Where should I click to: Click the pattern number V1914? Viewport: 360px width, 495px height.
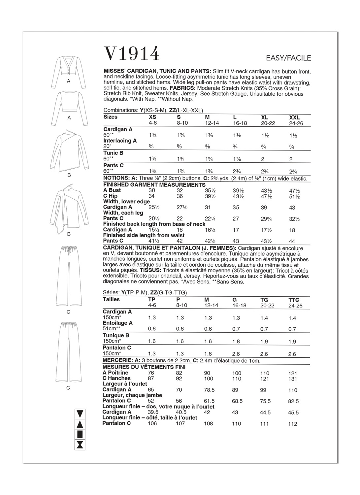(132, 53)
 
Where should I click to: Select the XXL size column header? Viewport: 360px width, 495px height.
(294, 117)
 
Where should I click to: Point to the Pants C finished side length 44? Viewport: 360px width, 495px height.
(291, 241)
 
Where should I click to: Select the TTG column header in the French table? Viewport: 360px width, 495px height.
(294, 300)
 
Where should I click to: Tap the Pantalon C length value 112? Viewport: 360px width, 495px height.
(292, 424)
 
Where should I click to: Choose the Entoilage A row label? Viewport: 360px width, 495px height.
(117, 323)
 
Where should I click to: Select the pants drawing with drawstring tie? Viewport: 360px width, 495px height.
(69, 278)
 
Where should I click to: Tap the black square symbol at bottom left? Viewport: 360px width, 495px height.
(81, 434)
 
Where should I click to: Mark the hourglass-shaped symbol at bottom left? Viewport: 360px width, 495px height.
(81, 444)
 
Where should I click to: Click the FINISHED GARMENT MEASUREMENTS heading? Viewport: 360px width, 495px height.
(154, 185)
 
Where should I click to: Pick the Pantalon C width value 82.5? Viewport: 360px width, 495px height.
(293, 401)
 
